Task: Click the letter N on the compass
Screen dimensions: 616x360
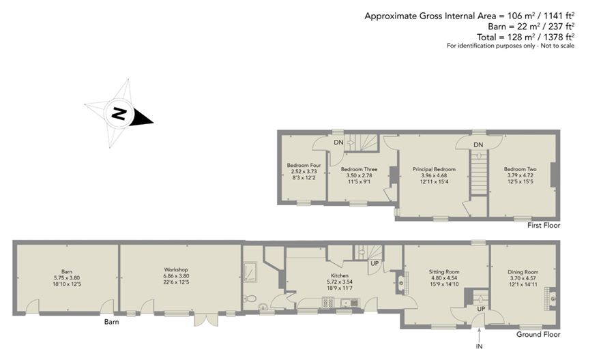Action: coord(118,113)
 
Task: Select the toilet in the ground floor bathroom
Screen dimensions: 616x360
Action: coord(250,299)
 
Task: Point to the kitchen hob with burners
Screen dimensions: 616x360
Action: coord(328,302)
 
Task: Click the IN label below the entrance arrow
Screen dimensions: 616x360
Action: coord(480,346)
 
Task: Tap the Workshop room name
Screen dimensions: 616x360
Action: coord(176,270)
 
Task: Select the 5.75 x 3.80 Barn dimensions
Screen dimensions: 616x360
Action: coord(67,277)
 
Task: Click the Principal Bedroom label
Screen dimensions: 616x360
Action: coord(434,169)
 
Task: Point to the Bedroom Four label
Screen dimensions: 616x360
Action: coord(304,165)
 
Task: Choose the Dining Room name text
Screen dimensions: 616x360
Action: coord(523,271)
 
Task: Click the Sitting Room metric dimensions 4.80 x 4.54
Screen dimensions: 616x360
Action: coord(444,278)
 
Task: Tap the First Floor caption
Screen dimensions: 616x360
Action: coord(544,226)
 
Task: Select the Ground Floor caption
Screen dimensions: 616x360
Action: coord(538,335)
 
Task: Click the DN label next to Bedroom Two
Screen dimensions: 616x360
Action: coord(478,145)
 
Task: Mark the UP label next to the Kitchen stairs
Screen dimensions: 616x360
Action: coord(375,263)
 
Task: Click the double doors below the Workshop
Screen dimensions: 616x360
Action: coord(206,320)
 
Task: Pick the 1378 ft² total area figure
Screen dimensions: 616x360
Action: coord(553,37)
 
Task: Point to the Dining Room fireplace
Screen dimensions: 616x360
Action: coord(551,299)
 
